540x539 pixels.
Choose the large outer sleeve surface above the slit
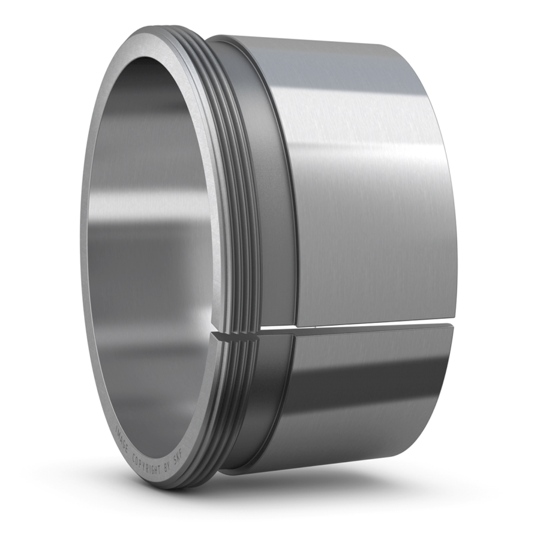tap(372, 180)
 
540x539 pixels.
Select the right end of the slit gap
tap(453, 324)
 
